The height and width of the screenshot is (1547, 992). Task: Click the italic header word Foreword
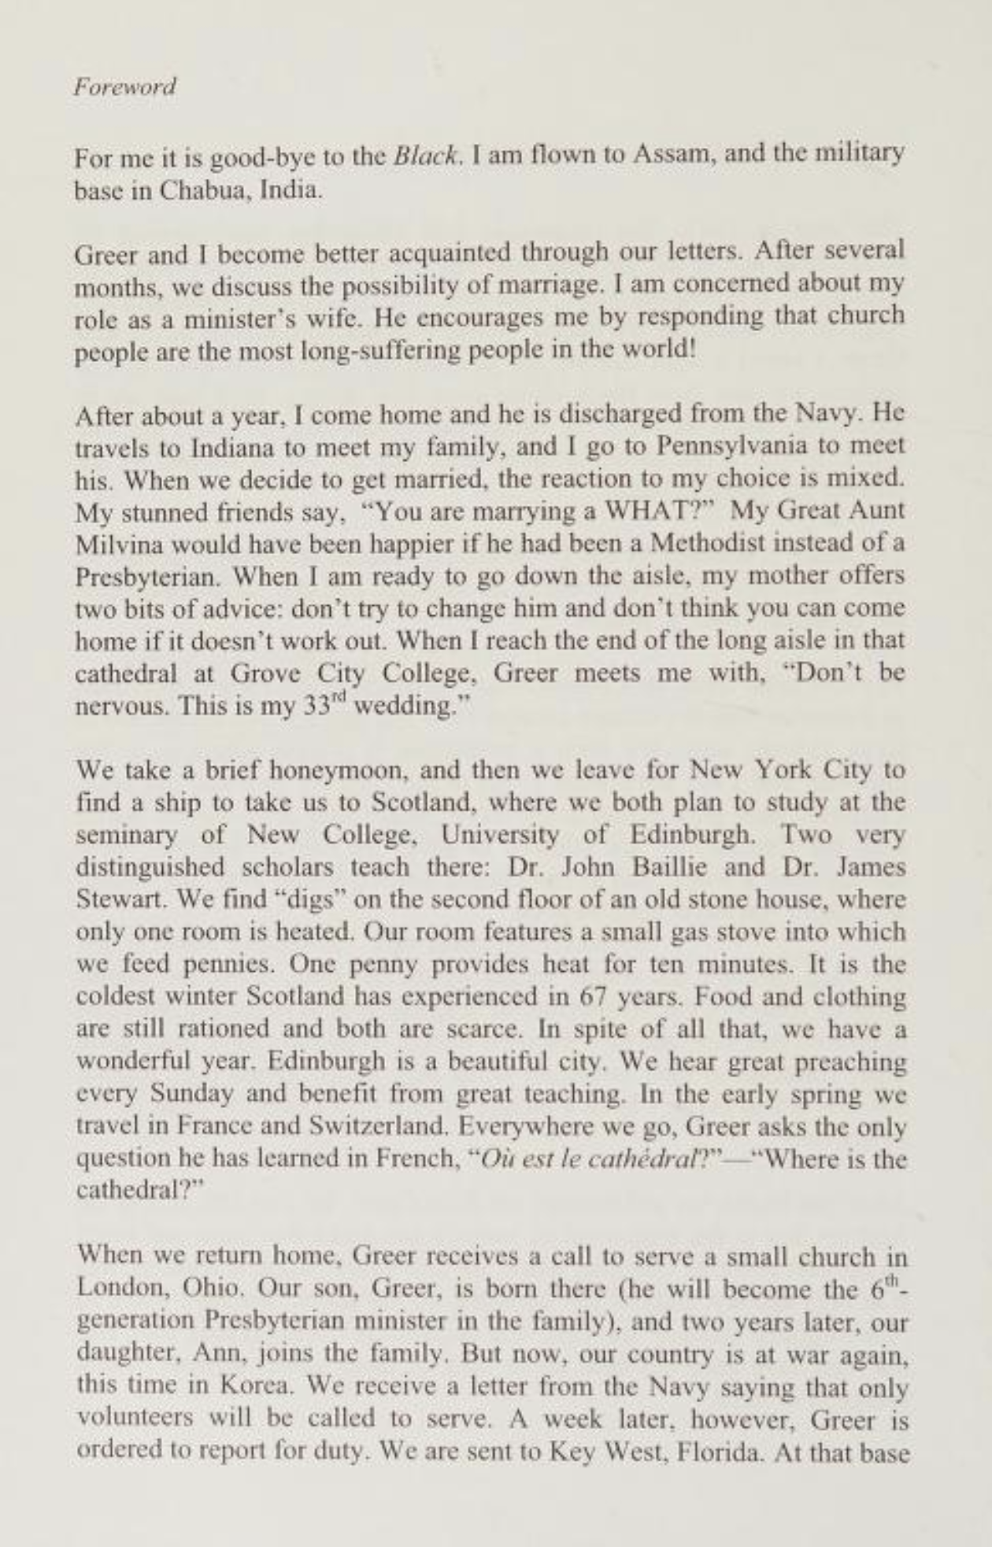pos(124,87)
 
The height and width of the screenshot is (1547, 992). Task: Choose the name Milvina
pos(113,545)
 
